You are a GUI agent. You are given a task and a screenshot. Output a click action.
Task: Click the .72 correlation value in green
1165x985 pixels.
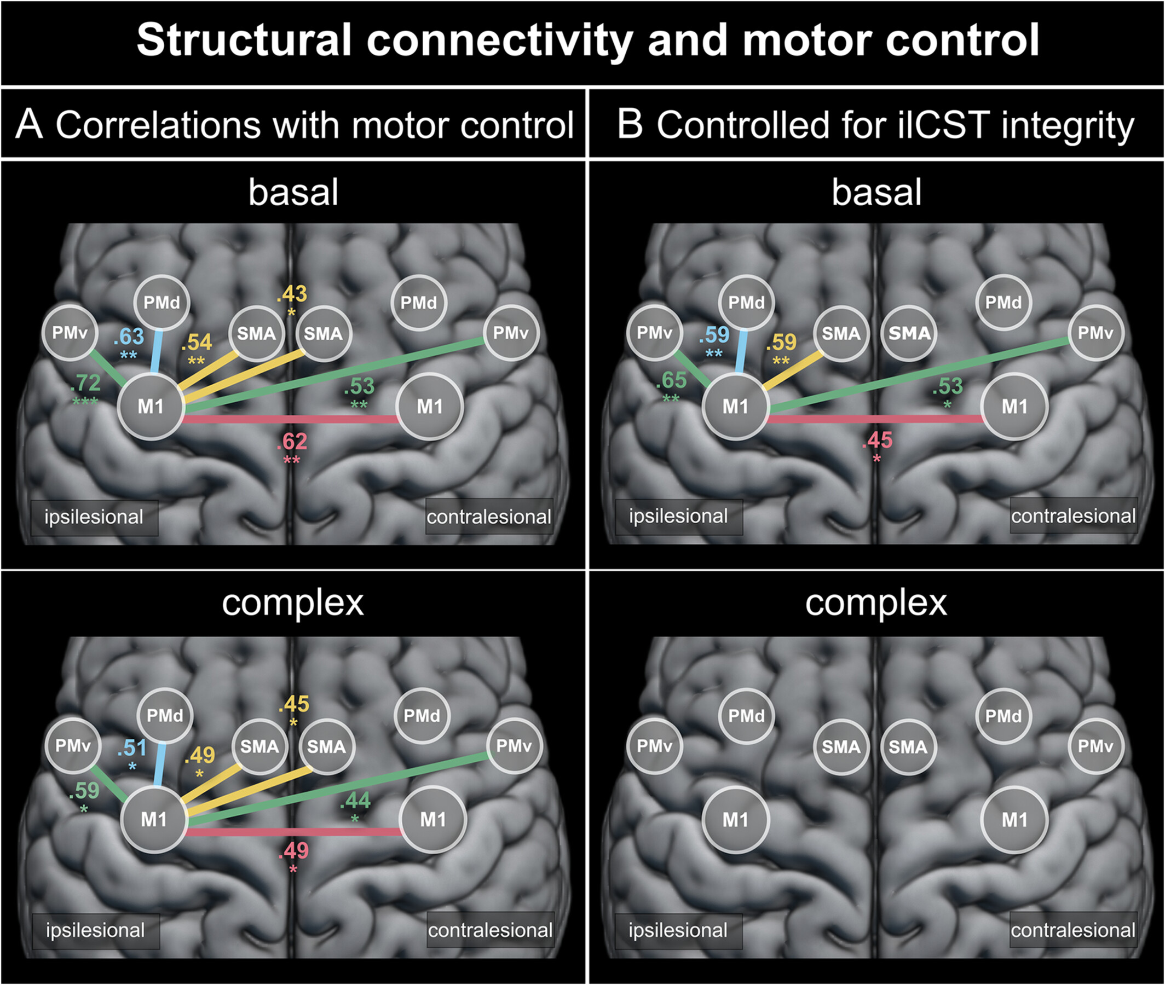click(x=85, y=383)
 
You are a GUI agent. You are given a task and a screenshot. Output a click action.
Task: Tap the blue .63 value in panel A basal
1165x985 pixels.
click(x=129, y=337)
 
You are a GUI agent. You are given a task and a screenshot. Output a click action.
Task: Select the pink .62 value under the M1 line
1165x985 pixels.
click(x=292, y=442)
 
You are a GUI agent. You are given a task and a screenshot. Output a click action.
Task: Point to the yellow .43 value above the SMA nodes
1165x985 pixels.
click(x=292, y=294)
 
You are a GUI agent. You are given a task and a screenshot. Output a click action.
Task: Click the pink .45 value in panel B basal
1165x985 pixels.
click(x=877, y=441)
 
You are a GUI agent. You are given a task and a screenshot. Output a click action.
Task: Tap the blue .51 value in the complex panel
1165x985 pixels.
click(x=132, y=748)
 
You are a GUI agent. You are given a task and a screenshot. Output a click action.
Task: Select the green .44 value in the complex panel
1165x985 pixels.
click(x=355, y=801)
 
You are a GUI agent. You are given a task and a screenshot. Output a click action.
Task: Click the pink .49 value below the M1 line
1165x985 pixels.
click(x=293, y=850)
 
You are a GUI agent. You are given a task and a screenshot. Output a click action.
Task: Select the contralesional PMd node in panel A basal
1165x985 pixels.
click(x=418, y=303)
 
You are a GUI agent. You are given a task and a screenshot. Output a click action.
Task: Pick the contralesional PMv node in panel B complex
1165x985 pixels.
click(x=1095, y=746)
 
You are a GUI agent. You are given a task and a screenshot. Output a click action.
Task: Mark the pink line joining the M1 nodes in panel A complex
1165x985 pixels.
click(x=293, y=832)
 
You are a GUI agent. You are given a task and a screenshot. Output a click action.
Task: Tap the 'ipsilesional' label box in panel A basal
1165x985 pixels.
click(x=94, y=517)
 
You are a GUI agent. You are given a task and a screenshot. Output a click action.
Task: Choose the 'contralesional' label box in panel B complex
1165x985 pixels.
click(x=1073, y=930)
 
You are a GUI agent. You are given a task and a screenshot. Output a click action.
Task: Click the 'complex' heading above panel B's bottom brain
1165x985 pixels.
click(x=876, y=603)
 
